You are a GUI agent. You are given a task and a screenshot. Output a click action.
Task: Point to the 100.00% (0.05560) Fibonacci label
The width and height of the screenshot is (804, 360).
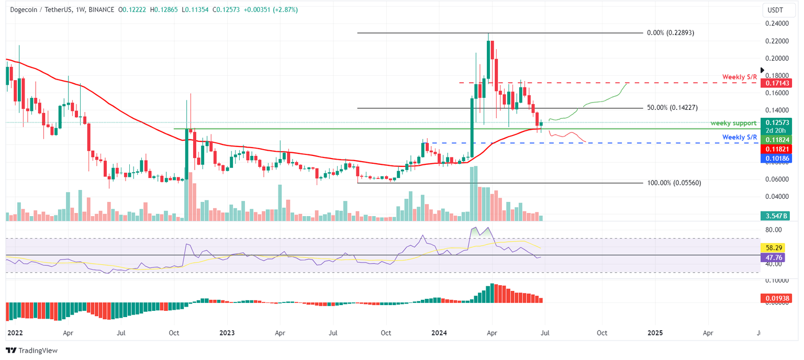[x=674, y=183]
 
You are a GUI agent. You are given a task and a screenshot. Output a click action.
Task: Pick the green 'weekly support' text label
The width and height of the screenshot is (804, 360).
[x=733, y=123]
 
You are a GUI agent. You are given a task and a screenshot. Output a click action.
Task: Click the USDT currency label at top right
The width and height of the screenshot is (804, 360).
[x=775, y=10]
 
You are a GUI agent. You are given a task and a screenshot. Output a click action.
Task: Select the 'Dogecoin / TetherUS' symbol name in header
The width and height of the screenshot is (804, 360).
[x=35, y=9]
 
